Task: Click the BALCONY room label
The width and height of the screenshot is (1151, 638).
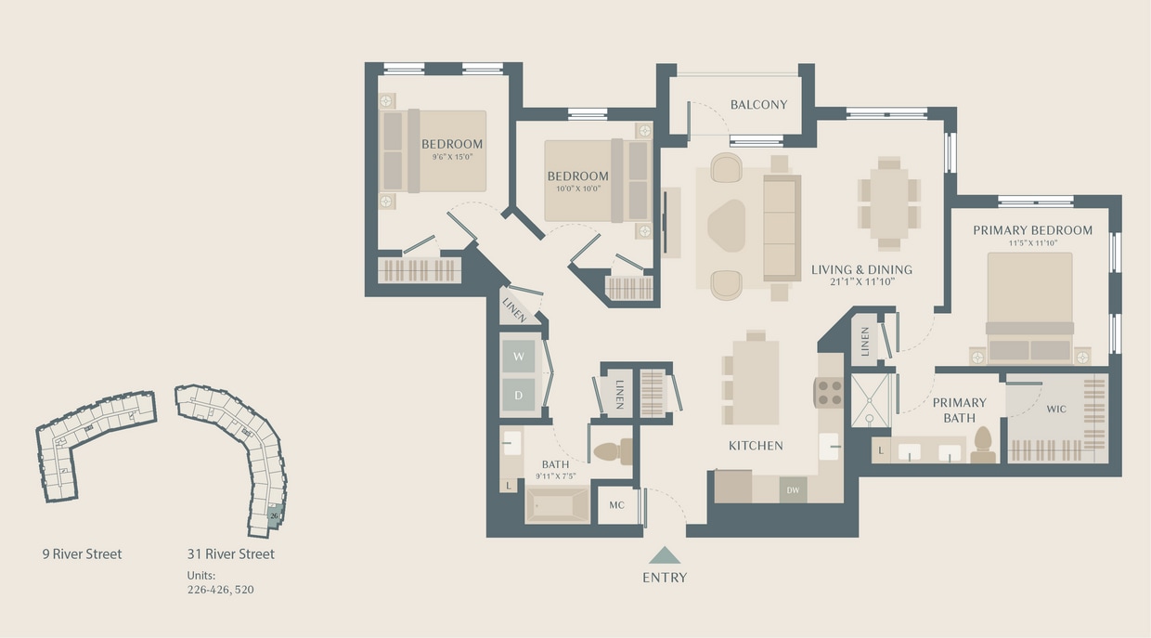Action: coord(758,105)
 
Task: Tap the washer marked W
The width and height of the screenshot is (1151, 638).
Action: coord(518,358)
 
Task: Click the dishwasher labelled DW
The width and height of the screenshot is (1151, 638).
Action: coord(793,490)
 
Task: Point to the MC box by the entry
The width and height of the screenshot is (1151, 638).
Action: coord(617,506)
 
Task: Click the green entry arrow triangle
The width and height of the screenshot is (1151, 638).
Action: coord(665,555)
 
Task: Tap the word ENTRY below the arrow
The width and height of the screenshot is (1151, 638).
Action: coord(665,578)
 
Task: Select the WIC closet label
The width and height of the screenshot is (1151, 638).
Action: coord(1056,409)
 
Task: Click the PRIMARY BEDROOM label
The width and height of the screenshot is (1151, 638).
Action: coord(1032,230)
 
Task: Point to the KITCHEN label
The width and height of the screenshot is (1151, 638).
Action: coord(756,446)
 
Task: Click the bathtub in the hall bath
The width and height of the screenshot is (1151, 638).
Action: coord(558,505)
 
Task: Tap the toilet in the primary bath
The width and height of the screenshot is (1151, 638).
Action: coord(982,444)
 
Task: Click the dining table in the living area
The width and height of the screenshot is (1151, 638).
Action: coord(889,203)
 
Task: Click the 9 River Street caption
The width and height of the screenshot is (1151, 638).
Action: coord(82,554)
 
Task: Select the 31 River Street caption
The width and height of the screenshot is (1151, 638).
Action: coord(230,554)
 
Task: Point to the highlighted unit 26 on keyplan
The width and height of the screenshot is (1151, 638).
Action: coord(274,515)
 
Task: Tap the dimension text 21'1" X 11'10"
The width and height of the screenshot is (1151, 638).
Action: coord(862,282)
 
